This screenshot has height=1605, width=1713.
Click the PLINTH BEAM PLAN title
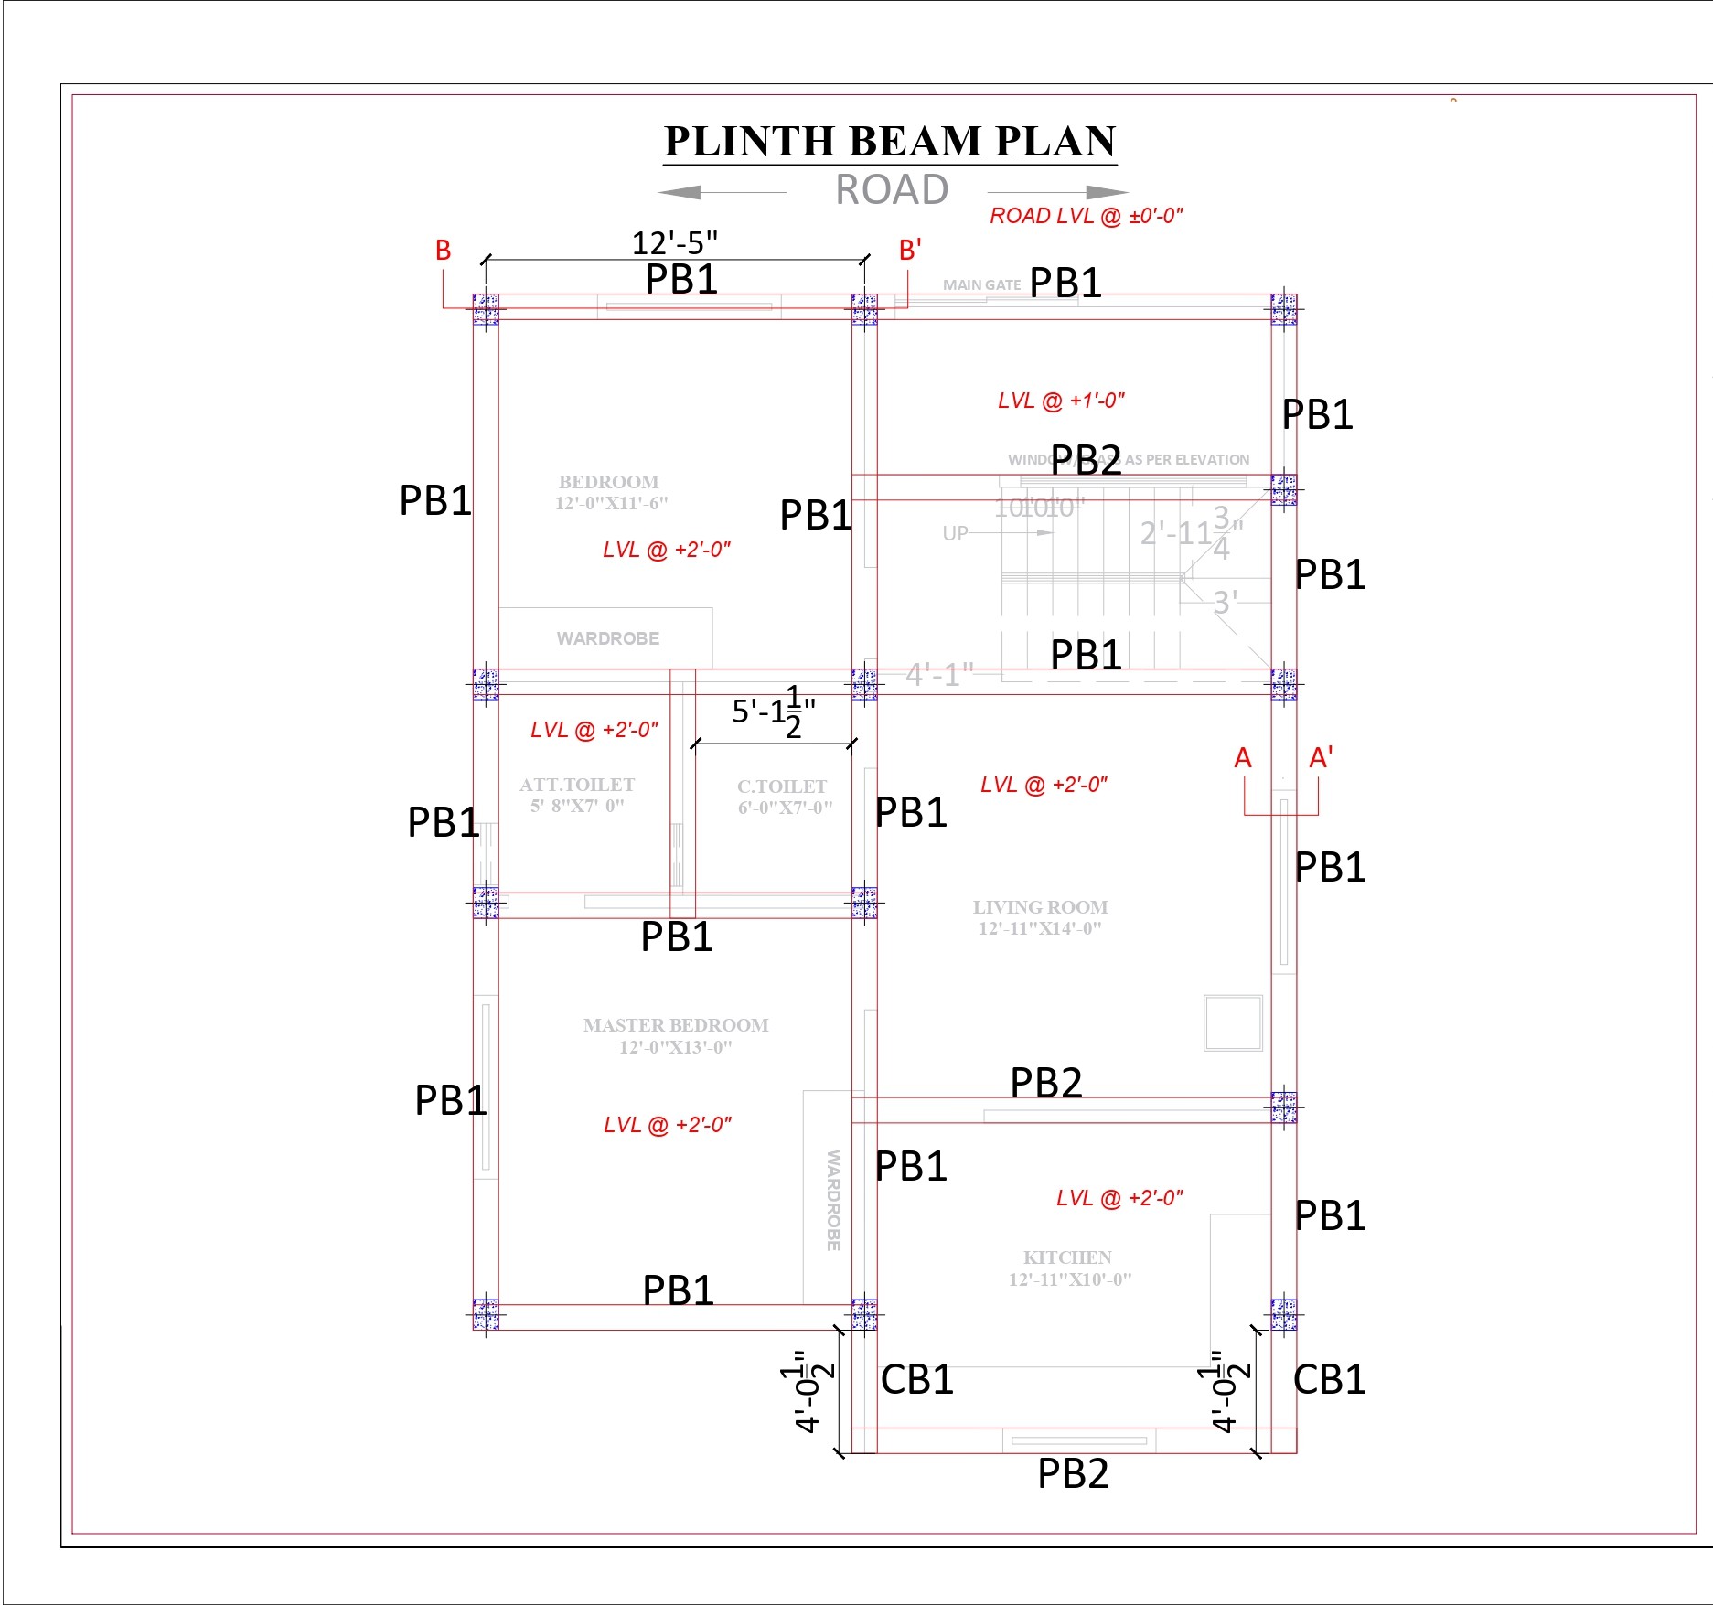point(890,142)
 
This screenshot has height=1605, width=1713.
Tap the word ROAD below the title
point(892,190)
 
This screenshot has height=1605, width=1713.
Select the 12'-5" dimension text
point(675,243)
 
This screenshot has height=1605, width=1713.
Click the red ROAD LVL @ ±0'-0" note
point(1087,217)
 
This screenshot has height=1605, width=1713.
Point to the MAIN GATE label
point(981,285)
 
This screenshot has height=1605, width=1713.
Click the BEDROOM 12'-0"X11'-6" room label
point(610,492)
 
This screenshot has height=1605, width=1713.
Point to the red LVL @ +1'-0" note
point(1061,401)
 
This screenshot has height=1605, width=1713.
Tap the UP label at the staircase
point(955,533)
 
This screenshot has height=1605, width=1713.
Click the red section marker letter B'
point(909,250)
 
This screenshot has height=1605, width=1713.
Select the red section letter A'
point(1320,758)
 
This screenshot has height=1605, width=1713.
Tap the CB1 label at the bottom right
point(1329,1380)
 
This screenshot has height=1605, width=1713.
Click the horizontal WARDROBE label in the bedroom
point(608,638)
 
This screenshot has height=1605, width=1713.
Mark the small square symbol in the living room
point(1233,1023)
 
